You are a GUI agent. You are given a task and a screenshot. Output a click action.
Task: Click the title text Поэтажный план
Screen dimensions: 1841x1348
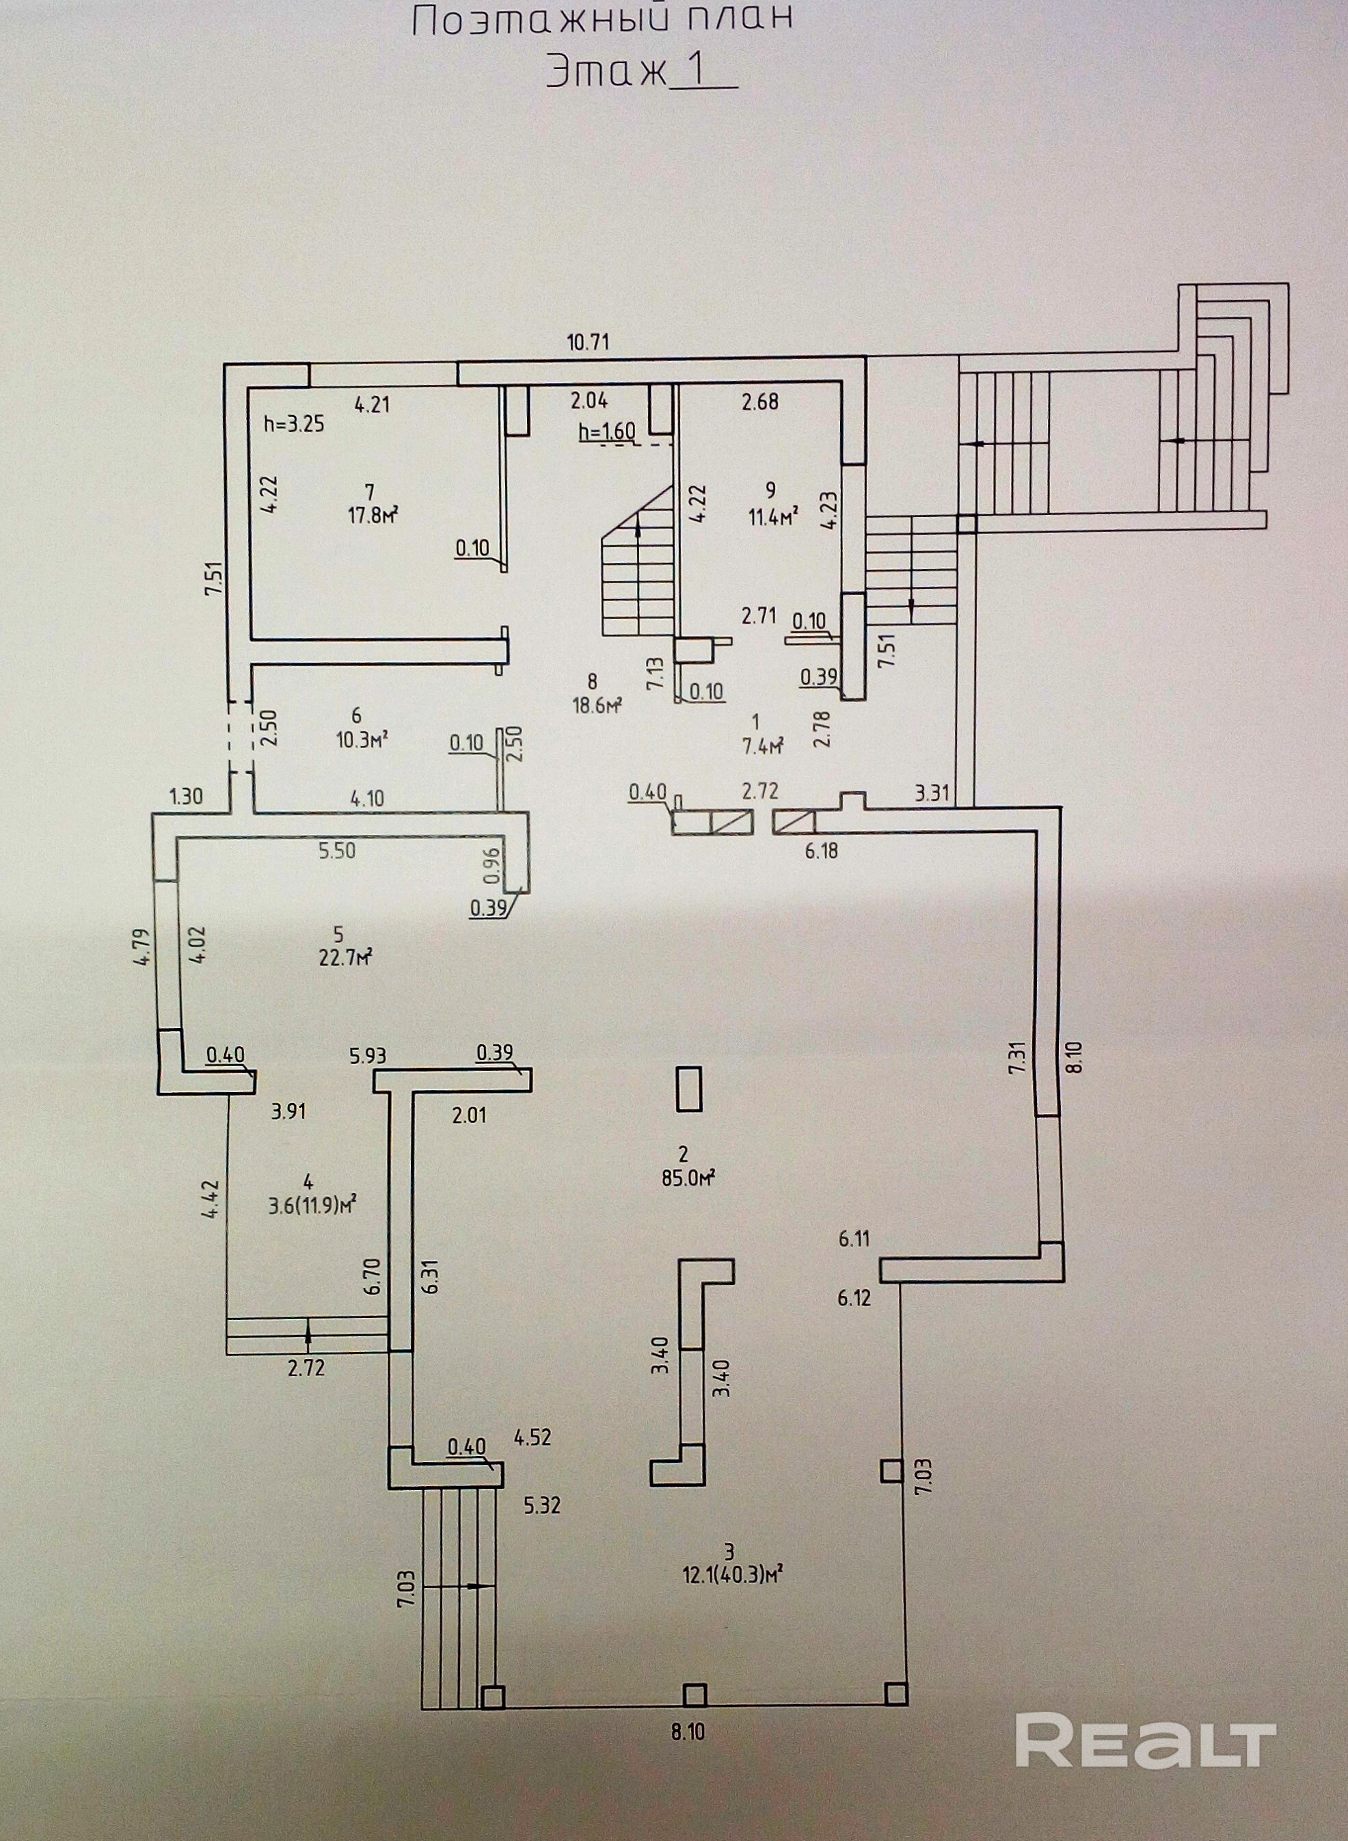point(602,20)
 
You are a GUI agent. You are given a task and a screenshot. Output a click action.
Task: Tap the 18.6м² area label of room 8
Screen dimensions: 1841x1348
point(597,705)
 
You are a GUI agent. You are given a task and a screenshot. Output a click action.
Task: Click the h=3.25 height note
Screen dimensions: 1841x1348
point(295,425)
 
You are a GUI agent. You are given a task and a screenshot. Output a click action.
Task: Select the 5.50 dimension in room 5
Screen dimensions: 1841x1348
point(337,851)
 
